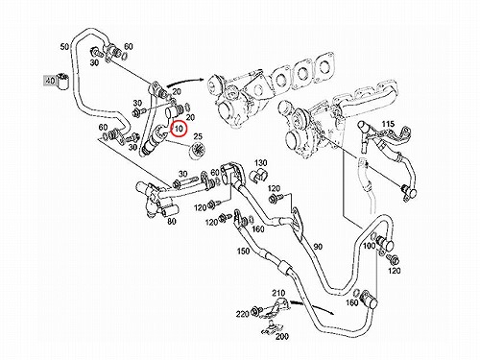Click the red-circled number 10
pyautogui.click(x=179, y=129)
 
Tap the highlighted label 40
pyautogui.click(x=50, y=81)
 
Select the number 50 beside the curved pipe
pyautogui.click(x=64, y=47)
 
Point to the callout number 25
pyautogui.click(x=198, y=136)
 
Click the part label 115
pyautogui.click(x=388, y=124)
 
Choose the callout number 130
pyautogui.click(x=261, y=163)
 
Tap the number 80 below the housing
pyautogui.click(x=172, y=221)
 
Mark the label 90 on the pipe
pyautogui.click(x=318, y=247)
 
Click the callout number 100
pyautogui.click(x=369, y=246)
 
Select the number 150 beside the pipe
pyautogui.click(x=243, y=251)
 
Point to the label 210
pyautogui.click(x=278, y=293)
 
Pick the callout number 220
pyautogui.click(x=243, y=314)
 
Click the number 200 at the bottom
pyautogui.click(x=282, y=336)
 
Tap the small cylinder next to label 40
pyautogui.click(x=62, y=82)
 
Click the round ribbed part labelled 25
pyautogui.click(x=197, y=150)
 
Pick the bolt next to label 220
pyautogui.click(x=256, y=310)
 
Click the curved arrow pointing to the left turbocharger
pyautogui.click(x=184, y=82)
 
